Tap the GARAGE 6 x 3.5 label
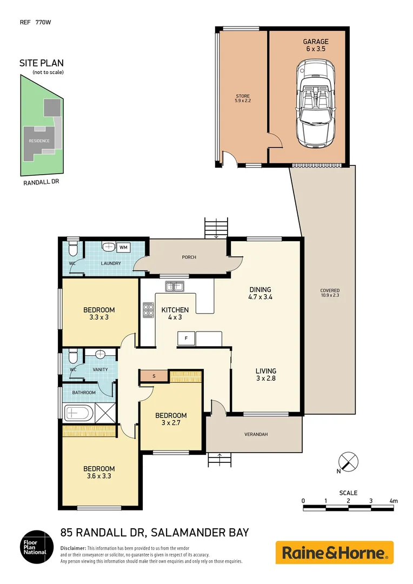click(315, 45)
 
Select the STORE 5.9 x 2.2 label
click(242, 98)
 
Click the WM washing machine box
click(123, 248)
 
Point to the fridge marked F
click(186, 339)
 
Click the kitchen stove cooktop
click(148, 309)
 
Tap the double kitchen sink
click(174, 287)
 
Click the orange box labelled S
click(154, 376)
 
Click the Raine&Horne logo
click(334, 553)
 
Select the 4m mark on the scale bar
click(393, 501)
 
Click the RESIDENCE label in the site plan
click(39, 141)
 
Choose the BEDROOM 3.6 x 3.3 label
click(99, 472)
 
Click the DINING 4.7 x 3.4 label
click(259, 293)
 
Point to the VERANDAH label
click(256, 434)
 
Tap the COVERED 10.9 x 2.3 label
click(330, 293)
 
